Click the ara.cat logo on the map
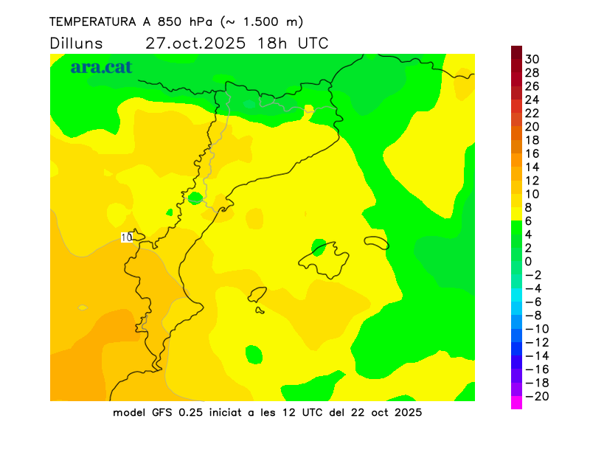(101, 67)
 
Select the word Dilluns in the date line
(77, 43)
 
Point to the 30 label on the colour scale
(532, 59)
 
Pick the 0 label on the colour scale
(528, 261)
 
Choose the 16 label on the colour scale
(532, 153)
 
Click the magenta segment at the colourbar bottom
(516, 403)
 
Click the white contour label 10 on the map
(126, 237)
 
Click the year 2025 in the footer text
(407, 412)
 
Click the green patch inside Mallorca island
(319, 246)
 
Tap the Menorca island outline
(376, 242)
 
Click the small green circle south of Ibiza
(254, 355)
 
